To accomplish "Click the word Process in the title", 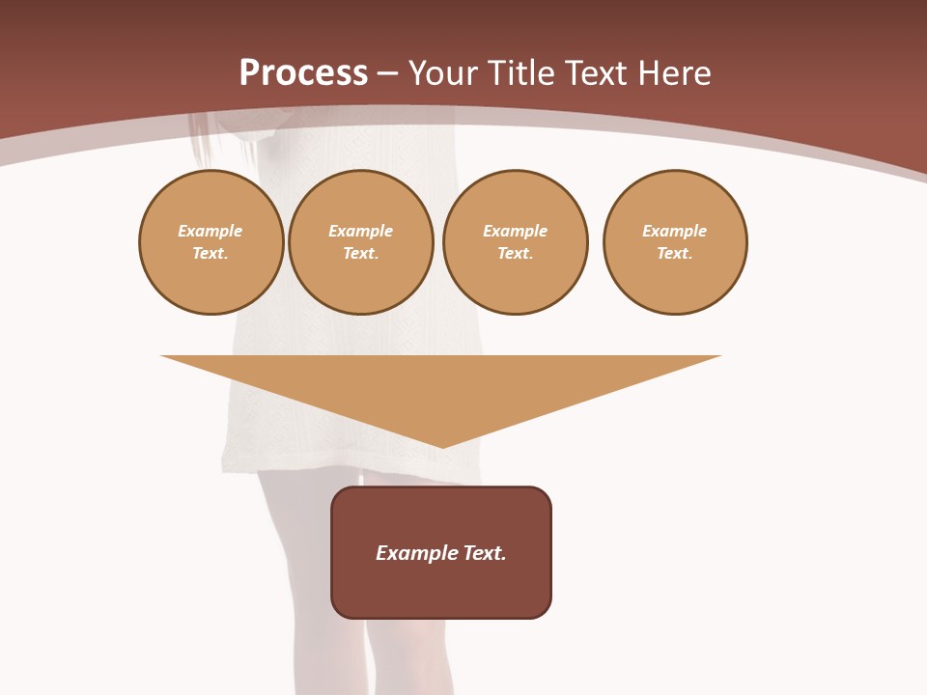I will point(303,73).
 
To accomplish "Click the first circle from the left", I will point(211,242).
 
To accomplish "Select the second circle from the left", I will point(361,242).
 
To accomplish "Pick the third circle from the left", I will point(516,242).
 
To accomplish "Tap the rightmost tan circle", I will point(675,242).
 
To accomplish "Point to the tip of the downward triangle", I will point(441,446).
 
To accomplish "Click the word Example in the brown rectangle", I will point(417,553).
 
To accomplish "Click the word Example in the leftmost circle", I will point(211,231).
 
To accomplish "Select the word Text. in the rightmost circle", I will point(675,254).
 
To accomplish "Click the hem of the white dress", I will point(290,467).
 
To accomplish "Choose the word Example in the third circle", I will point(516,231).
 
